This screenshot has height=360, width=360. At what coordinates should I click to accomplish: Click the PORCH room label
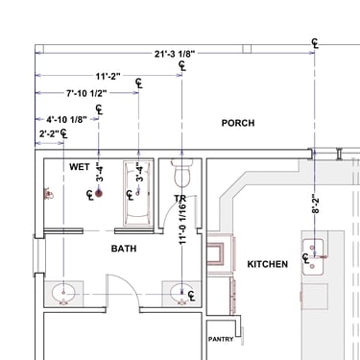click(x=238, y=123)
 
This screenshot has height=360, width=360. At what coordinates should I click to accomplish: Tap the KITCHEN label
click(x=268, y=264)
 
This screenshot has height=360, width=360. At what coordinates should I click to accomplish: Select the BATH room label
click(x=124, y=249)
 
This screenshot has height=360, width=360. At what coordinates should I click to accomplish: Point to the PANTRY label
click(x=221, y=339)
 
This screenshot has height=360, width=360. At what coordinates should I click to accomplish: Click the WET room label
click(x=80, y=167)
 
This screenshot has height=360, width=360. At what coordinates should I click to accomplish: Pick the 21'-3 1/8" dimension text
click(x=175, y=54)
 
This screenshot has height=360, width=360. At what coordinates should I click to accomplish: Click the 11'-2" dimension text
click(x=108, y=76)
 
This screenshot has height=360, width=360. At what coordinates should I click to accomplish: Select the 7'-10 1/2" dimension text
click(x=86, y=93)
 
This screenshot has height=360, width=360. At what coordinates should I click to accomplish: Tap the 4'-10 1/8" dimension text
click(x=66, y=120)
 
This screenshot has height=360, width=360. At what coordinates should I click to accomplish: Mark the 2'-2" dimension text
click(x=49, y=133)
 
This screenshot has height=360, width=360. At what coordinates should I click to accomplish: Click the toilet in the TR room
click(x=182, y=173)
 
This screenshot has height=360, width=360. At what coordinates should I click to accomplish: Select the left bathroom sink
click(x=63, y=293)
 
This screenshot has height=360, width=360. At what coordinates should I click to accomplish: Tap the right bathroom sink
click(x=181, y=293)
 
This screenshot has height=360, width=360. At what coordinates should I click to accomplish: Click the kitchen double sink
click(x=313, y=256)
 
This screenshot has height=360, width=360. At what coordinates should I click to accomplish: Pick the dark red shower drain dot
click(x=99, y=193)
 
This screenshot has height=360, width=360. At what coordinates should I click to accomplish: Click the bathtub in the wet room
click(x=138, y=193)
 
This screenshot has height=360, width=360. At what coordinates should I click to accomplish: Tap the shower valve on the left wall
click(x=48, y=194)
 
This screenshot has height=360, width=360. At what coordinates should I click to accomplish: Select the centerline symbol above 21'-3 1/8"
click(x=316, y=43)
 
